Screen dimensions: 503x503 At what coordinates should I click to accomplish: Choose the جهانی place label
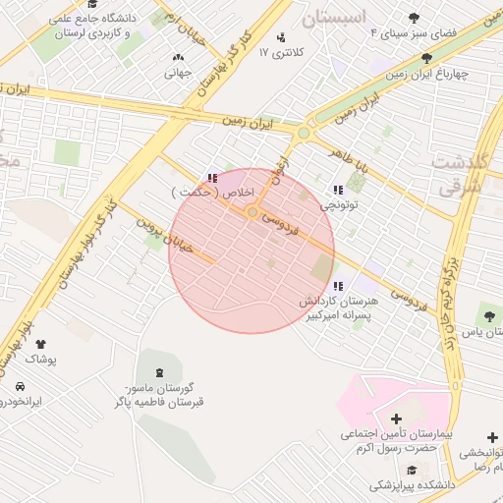tap(177, 72)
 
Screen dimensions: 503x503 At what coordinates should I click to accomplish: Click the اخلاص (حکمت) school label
tap(213, 194)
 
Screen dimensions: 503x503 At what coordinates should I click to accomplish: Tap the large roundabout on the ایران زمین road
tap(305, 133)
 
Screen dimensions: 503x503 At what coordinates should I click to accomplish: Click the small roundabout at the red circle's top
tap(252, 212)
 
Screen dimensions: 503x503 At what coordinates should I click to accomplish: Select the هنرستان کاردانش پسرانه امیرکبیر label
tap(338, 310)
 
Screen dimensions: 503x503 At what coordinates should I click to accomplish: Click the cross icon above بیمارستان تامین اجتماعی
tap(396, 419)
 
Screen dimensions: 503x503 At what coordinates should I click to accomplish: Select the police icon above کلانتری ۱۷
tap(283, 37)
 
